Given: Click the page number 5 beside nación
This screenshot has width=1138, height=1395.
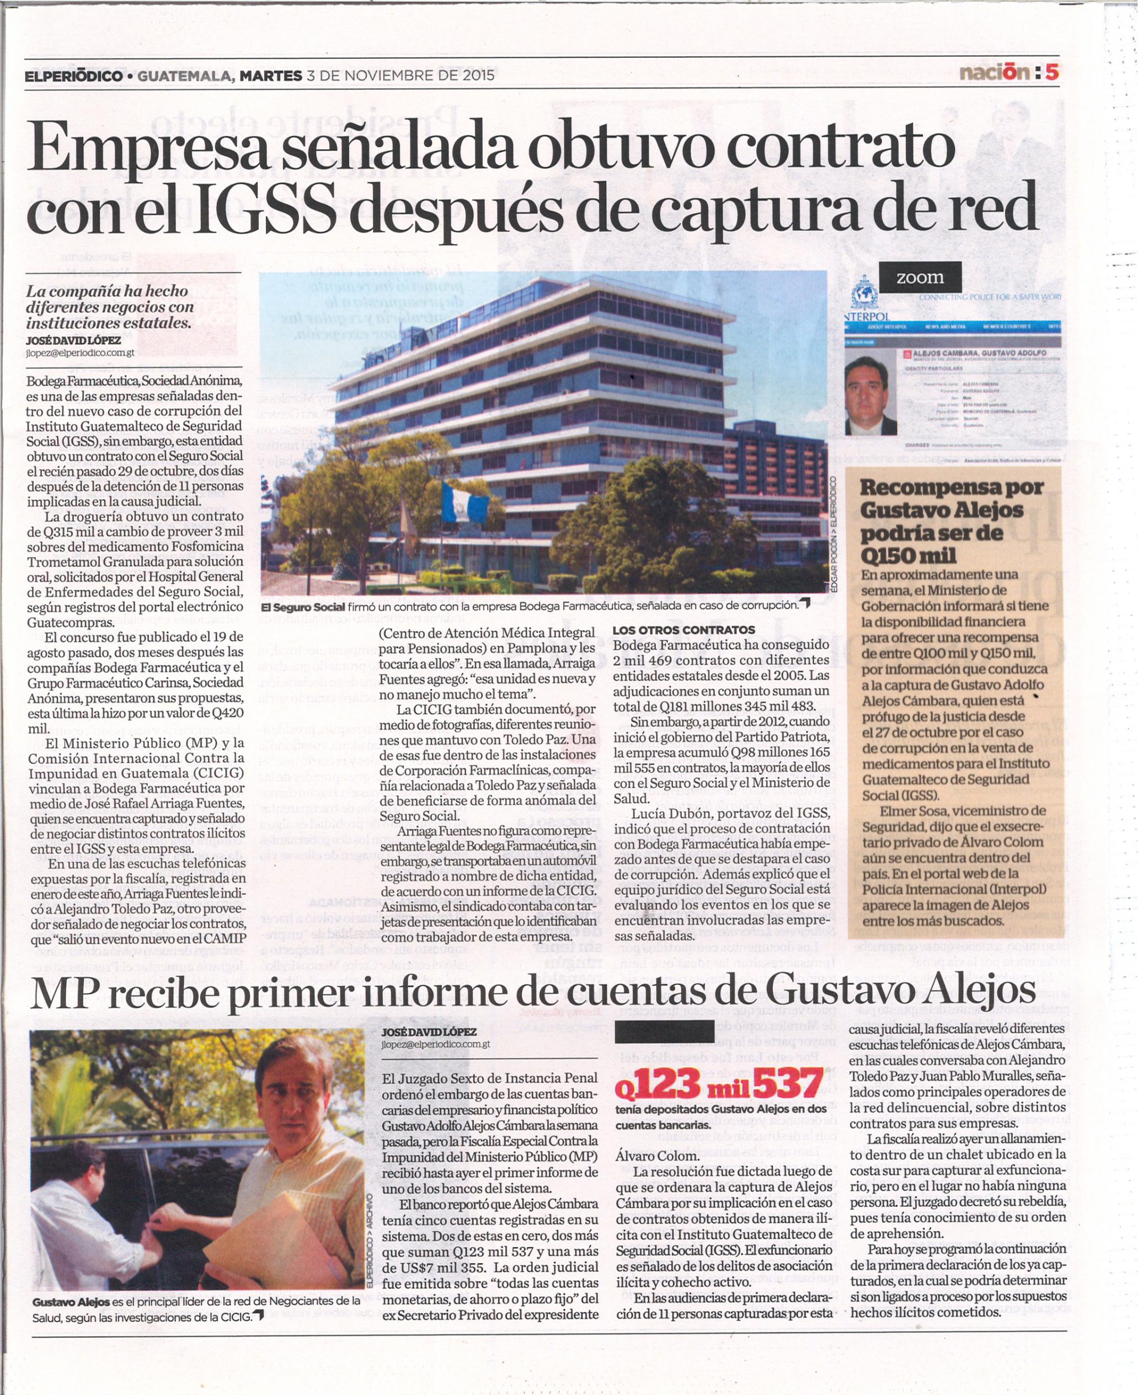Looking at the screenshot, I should click(1051, 72).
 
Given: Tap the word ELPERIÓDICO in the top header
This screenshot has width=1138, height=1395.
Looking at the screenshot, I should click(73, 77).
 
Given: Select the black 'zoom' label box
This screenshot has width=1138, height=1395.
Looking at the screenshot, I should click(920, 277).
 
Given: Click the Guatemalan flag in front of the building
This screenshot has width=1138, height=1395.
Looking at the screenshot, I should click(465, 501).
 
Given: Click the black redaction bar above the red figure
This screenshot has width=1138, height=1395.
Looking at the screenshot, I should click(665, 1030).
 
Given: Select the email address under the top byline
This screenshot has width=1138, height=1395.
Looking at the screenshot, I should click(80, 352).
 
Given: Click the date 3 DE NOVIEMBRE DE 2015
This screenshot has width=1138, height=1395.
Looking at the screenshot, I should click(400, 76).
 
